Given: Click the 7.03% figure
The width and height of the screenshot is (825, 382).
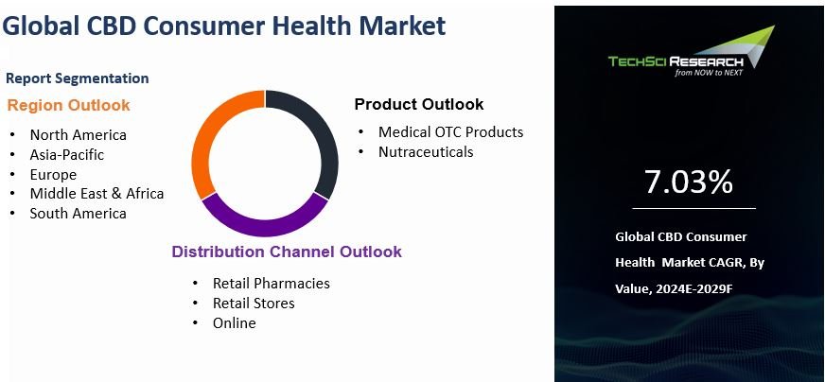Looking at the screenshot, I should point(688,182).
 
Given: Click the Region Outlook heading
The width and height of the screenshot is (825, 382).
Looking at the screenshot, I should point(68,105).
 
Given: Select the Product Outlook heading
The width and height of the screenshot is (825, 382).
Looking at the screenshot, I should point(418,104).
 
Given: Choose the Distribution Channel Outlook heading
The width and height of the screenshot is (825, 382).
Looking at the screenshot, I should point(286,252).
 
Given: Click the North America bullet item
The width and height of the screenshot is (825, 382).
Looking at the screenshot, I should point(78,134).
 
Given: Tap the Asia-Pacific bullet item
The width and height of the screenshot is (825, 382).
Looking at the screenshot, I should point(66,154).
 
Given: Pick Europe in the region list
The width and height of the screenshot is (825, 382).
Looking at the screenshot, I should point(53,174).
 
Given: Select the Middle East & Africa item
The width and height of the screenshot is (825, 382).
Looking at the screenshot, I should point(97,193).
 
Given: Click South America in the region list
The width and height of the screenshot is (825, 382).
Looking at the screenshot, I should point(78,213).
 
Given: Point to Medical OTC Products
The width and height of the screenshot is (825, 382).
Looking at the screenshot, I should point(450,131).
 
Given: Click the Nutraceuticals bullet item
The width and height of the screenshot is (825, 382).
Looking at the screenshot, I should point(426,151).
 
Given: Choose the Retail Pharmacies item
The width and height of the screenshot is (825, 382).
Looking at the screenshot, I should point(271,283).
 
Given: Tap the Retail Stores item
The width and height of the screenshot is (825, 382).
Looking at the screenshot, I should point(254,303).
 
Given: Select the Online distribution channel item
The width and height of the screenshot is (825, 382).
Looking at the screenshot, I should point(234,322).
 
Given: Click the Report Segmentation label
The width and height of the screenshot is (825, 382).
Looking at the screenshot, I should point(77,78).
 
